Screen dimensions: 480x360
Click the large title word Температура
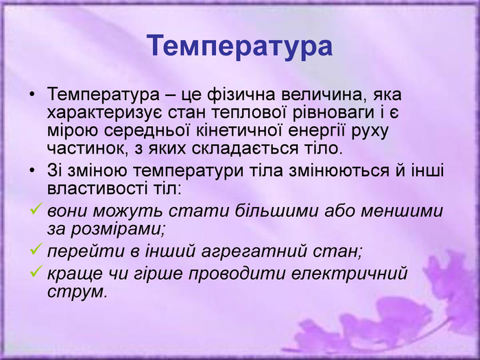pyautogui.click(x=240, y=46)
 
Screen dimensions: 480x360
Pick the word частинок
pyautogui.click(x=87, y=149)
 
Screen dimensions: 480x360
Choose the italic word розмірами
pyautogui.click(x=118, y=229)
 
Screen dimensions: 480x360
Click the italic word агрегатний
pyautogui.click(x=254, y=252)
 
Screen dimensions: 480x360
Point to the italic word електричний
pyautogui.click(x=350, y=273)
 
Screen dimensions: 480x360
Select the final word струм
pyautogui.click(x=77, y=291)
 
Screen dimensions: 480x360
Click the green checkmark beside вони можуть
pyautogui.click(x=36, y=208)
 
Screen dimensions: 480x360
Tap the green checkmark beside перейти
pyautogui.click(x=36, y=249)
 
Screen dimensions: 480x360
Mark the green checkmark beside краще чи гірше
pyautogui.click(x=36, y=272)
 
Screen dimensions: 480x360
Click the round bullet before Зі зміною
pyautogui.click(x=32, y=171)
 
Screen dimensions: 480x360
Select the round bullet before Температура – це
pyautogui.click(x=32, y=95)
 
